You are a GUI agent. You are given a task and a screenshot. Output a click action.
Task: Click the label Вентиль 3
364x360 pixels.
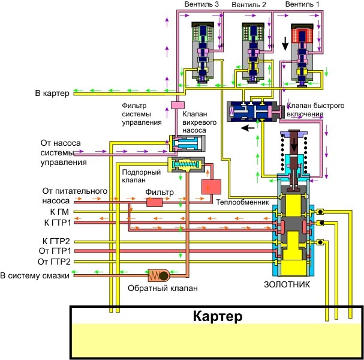[201, 5]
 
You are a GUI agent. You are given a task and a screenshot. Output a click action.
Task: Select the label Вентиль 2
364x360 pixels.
[248, 5]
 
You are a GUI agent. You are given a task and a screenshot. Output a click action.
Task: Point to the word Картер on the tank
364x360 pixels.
[217, 316]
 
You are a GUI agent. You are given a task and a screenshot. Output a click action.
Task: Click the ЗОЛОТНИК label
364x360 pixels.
[287, 284]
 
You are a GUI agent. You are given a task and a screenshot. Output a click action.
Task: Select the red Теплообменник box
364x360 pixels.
[211, 187]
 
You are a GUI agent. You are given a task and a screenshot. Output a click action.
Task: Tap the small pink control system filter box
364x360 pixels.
[177, 106]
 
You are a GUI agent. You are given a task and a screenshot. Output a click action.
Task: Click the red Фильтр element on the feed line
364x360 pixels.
[155, 202]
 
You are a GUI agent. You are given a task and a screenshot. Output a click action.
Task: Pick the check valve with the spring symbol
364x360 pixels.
[161, 275]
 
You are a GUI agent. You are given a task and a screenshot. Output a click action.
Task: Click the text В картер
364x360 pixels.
[52, 93]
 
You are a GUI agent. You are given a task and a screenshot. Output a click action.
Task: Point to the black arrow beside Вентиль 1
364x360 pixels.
[285, 44]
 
